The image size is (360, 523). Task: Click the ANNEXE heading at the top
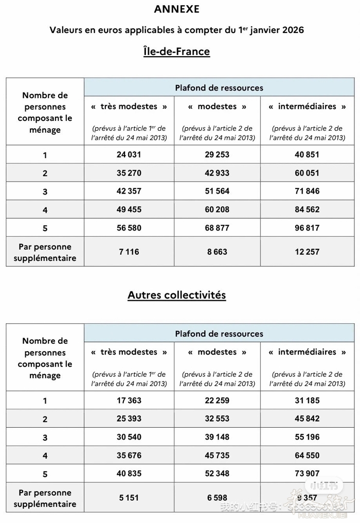176,9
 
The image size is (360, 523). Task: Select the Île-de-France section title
176,51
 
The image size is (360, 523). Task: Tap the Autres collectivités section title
176,295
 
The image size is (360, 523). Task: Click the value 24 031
129,154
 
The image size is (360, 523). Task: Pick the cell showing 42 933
217,173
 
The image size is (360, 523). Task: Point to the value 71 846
307,191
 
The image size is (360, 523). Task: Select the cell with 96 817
307,228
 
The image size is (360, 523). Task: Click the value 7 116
129,252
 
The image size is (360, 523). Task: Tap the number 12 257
307,252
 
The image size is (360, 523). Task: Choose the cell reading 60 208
217,210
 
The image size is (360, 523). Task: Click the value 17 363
129,400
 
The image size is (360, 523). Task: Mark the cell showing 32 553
217,419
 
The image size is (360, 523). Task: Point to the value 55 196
307,437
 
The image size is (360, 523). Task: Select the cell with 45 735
217,455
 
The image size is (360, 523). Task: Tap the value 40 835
129,474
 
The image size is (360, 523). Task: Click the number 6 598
217,498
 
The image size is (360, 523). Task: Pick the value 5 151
129,498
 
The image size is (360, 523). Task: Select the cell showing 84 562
307,210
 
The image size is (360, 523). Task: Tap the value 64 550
307,455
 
